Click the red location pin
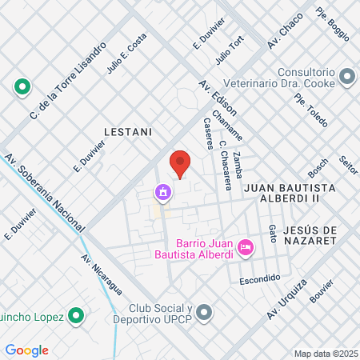(181, 163)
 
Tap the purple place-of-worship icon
(163, 193)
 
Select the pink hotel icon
(246, 249)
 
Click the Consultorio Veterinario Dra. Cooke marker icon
(347, 77)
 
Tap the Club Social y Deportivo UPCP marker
(205, 312)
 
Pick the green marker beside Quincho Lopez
(76, 317)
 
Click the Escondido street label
(260, 278)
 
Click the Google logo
(27, 350)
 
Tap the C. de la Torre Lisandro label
(67, 80)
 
